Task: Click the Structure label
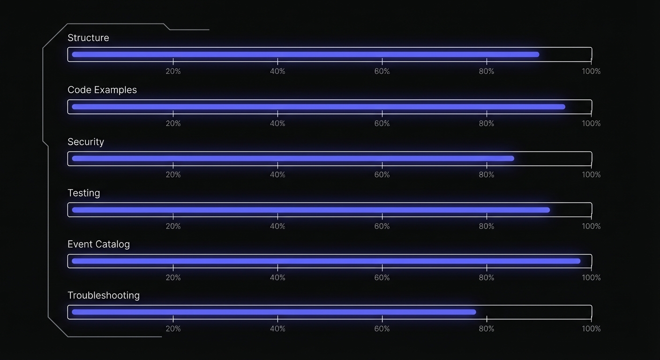[88, 38]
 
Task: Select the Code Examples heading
[102, 90]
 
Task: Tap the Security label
[86, 142]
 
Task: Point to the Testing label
[84, 193]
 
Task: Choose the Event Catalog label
[98, 244]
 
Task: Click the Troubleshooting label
[104, 295]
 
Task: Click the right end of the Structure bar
[537, 54]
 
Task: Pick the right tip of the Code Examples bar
[563, 107]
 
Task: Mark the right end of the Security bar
[512, 158]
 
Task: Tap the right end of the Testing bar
[548, 210]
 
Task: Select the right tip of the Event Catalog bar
[578, 261]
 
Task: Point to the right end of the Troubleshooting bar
[474, 312]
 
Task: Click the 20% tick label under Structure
[173, 71]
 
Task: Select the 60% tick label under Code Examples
[382, 123]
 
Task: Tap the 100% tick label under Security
[591, 175]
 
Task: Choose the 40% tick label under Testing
[277, 226]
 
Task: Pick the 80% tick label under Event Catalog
[487, 277]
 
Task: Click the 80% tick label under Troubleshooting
[487, 329]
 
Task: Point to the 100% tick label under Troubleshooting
[591, 329]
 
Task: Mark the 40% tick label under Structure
[277, 71]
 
